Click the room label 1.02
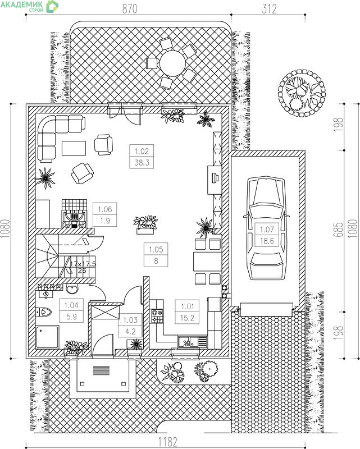point(142,151)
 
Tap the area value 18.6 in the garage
point(267,241)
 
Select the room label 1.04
point(71,305)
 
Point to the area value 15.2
point(188,318)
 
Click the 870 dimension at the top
point(130,8)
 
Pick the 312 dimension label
point(269,8)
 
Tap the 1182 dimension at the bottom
point(168,442)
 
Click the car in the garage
point(267,228)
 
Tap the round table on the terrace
point(173,63)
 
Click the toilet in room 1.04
point(43,311)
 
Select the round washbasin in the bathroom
point(72,288)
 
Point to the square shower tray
point(47,337)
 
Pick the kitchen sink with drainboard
point(192,342)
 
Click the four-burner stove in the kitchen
point(157,316)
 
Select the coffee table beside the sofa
point(74,148)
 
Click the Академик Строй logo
point(29,6)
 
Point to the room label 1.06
point(105,209)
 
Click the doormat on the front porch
point(101,370)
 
